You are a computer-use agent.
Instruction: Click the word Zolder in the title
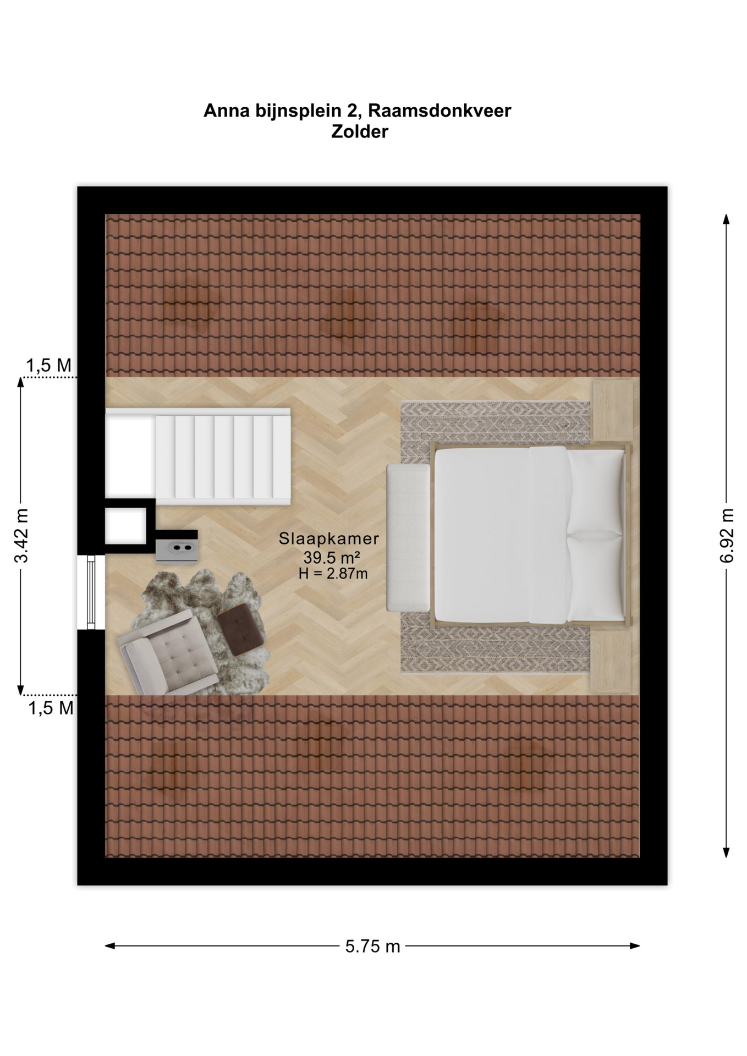[x=359, y=132]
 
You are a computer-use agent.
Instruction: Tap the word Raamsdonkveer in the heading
[x=439, y=111]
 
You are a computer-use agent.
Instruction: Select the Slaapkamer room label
[x=329, y=538]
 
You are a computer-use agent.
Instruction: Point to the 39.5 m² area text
[x=332, y=557]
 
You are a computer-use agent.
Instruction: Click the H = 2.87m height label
[x=333, y=574]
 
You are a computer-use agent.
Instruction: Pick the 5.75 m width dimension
[x=373, y=946]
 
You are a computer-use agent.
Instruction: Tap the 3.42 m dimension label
[x=21, y=536]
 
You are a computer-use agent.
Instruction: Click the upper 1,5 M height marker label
[x=48, y=365]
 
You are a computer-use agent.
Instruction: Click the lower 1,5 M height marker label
[x=51, y=708]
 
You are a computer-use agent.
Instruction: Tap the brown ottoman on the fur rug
[x=241, y=629]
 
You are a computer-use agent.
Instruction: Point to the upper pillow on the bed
[x=596, y=491]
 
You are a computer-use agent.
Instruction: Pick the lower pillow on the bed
[x=596, y=577]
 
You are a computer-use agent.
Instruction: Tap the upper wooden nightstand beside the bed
[x=612, y=410]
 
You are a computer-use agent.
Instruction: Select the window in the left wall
[x=91, y=592]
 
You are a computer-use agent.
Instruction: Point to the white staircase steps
[x=223, y=457]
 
